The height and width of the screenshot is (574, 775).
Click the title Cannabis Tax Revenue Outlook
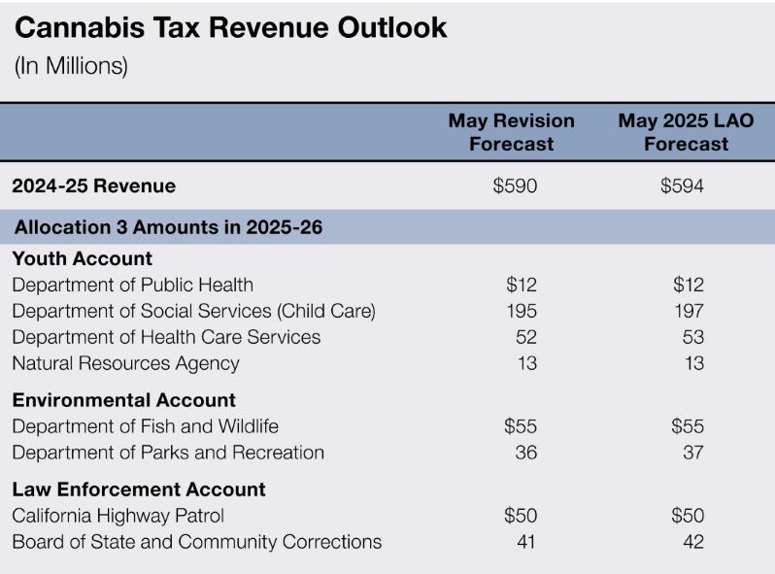pyautogui.click(x=231, y=28)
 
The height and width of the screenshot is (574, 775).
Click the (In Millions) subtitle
pyautogui.click(x=71, y=66)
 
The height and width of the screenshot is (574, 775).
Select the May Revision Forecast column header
pyautogui.click(x=511, y=132)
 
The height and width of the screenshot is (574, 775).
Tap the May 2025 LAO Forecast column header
pyautogui.click(x=686, y=132)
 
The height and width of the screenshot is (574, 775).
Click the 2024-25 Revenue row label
pyautogui.click(x=94, y=186)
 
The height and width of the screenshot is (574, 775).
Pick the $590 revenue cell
pyautogui.click(x=515, y=186)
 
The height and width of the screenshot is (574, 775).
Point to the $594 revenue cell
pyautogui.click(x=682, y=186)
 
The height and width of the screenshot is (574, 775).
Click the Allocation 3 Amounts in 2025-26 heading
pyautogui.click(x=168, y=228)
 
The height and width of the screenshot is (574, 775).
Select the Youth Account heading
pyautogui.click(x=83, y=258)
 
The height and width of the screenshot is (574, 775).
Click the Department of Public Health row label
pyautogui.click(x=133, y=285)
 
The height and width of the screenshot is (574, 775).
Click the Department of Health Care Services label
pyautogui.click(x=166, y=337)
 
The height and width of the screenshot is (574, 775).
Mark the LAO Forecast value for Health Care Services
pyautogui.click(x=691, y=337)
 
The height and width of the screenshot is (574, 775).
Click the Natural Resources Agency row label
pyautogui.click(x=126, y=363)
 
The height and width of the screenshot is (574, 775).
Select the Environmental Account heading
pyautogui.click(x=124, y=400)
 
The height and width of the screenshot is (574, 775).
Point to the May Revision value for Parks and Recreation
pyautogui.click(x=524, y=453)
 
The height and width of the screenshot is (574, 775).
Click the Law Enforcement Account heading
pyautogui.click(x=139, y=490)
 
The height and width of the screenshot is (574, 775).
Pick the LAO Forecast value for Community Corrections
pyautogui.click(x=691, y=542)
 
